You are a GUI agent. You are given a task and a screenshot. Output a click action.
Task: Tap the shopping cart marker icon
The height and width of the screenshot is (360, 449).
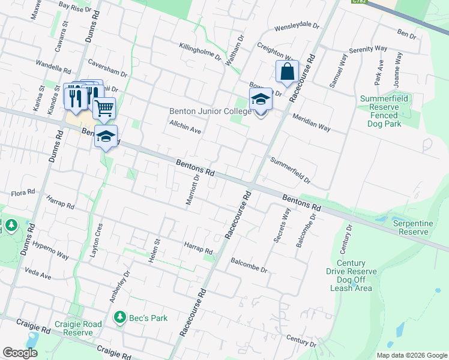point(104,108)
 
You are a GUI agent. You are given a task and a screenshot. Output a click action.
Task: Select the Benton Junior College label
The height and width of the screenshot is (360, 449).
point(210,112)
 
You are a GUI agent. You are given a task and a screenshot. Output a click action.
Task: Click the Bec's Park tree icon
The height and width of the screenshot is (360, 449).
point(120,317)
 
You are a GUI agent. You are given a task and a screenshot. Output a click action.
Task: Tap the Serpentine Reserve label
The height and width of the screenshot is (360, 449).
point(413,227)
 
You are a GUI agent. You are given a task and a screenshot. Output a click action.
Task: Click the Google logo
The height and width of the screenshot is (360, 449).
point(20,353)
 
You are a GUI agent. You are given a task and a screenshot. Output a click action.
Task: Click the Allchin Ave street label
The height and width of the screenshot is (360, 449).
point(185,127)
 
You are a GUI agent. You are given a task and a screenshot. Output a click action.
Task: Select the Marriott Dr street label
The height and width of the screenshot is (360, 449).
point(192,191)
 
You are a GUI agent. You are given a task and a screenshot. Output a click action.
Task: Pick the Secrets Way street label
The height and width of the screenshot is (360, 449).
point(282,226)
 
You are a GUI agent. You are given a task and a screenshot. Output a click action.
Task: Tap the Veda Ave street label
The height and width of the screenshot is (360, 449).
point(38,272)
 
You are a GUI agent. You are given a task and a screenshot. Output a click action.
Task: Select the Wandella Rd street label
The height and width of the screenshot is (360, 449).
point(53,64)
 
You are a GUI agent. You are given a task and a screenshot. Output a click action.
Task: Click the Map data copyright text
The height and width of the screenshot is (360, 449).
point(411,355)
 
